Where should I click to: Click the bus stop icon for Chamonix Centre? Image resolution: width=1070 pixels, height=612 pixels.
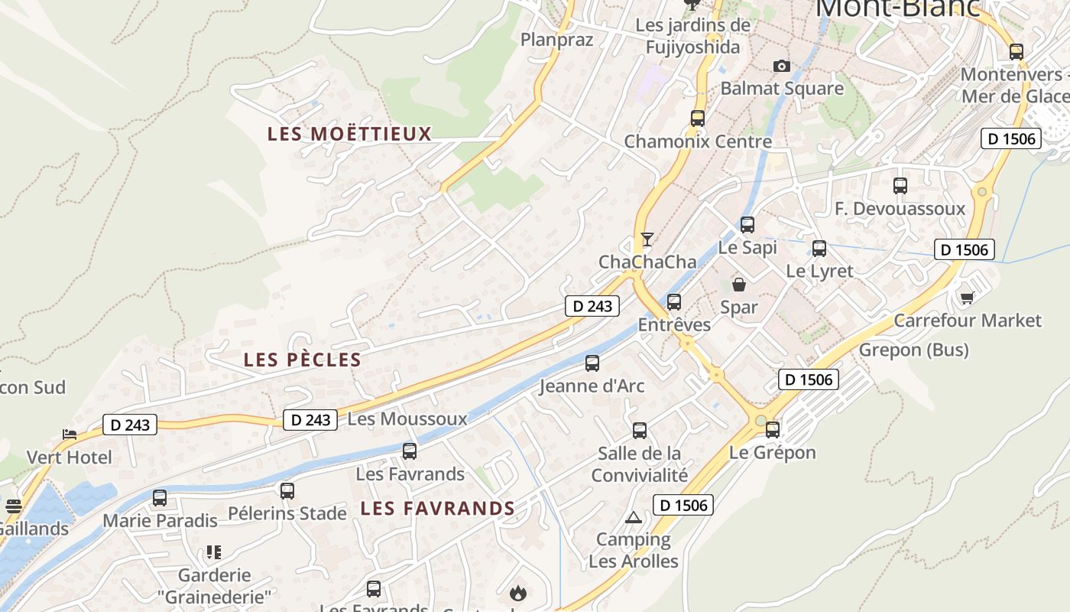(x=697, y=119)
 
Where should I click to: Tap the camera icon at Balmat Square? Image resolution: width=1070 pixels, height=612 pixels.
(x=781, y=67)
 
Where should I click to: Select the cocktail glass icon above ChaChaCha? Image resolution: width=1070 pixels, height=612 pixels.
(x=647, y=239)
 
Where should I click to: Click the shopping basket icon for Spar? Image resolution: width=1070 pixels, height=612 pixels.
(x=739, y=285)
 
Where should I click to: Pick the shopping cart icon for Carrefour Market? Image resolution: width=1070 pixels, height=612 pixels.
(x=967, y=298)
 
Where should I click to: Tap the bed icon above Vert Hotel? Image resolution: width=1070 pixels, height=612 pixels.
(x=70, y=435)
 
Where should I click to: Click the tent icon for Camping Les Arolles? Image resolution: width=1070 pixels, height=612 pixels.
(x=633, y=518)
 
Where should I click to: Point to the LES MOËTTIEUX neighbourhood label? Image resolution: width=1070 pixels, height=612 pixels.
(x=349, y=134)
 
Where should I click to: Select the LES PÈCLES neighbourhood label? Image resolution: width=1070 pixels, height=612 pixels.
(x=302, y=360)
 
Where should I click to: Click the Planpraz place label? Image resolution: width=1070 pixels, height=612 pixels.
(x=556, y=40)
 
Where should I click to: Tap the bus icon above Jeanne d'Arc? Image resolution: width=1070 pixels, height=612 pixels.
(x=592, y=363)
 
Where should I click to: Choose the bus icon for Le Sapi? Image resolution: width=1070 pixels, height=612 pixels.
(x=747, y=225)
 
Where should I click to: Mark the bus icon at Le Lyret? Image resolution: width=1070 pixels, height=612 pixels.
(x=819, y=249)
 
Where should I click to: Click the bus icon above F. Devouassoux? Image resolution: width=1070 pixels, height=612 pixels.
(x=900, y=186)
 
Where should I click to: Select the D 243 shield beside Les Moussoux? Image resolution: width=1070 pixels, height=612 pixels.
(x=310, y=420)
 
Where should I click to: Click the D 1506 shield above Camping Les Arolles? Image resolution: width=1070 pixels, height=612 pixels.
(x=683, y=505)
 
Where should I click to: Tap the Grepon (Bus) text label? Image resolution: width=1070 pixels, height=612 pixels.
(x=914, y=350)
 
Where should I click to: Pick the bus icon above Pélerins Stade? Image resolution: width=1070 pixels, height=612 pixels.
(x=287, y=491)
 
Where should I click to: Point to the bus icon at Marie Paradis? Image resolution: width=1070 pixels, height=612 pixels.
(x=160, y=498)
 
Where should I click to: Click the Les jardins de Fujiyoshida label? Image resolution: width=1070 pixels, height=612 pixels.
(x=692, y=36)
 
